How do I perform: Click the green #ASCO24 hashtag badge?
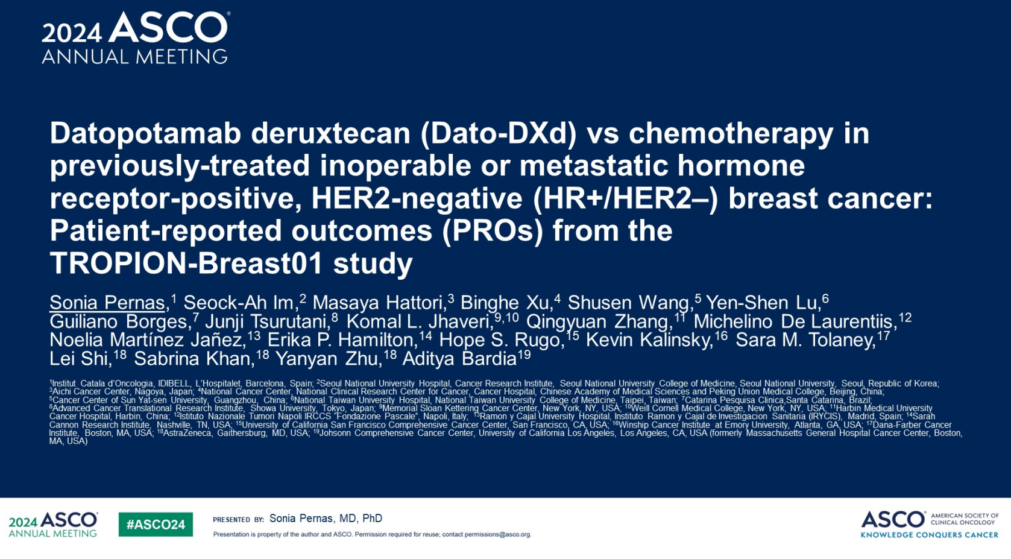(x=156, y=524)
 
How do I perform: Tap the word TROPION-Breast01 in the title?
(x=186, y=264)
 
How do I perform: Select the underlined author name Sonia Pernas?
(x=107, y=303)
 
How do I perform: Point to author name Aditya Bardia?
(x=459, y=359)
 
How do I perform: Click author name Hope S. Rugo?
(x=501, y=340)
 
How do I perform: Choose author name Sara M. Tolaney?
(x=805, y=340)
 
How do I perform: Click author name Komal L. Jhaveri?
(x=419, y=321)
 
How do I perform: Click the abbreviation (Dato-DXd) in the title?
(x=499, y=134)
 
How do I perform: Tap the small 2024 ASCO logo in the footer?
(x=53, y=524)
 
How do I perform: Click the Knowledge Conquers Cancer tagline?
(x=929, y=535)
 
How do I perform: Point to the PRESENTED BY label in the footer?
(x=238, y=520)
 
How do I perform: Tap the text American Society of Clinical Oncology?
(x=965, y=519)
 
